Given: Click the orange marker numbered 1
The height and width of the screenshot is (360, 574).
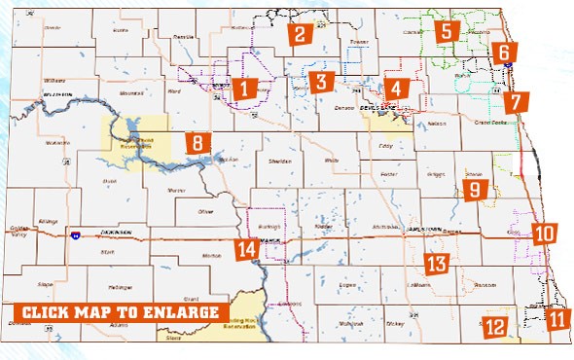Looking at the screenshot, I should [x=244, y=90].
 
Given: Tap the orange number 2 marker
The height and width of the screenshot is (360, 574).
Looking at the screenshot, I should [x=300, y=35].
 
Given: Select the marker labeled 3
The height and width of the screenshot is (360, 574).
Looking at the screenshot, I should [x=324, y=81].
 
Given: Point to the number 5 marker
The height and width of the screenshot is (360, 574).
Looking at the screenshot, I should [x=447, y=31].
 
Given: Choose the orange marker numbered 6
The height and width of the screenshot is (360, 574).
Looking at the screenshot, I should [x=505, y=53].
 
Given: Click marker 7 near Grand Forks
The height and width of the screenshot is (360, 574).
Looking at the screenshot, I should [x=517, y=100].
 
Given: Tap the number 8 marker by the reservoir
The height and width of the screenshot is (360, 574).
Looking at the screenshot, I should [x=197, y=143].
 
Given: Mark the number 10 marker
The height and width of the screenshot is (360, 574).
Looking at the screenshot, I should [x=545, y=234].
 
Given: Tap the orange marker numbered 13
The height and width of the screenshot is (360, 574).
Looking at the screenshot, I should [x=437, y=263].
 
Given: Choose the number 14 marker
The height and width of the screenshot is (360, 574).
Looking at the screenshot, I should [x=246, y=250].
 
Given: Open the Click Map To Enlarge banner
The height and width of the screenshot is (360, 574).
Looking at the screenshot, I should [x=117, y=312].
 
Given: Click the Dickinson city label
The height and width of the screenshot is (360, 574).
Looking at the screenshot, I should [x=115, y=234].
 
